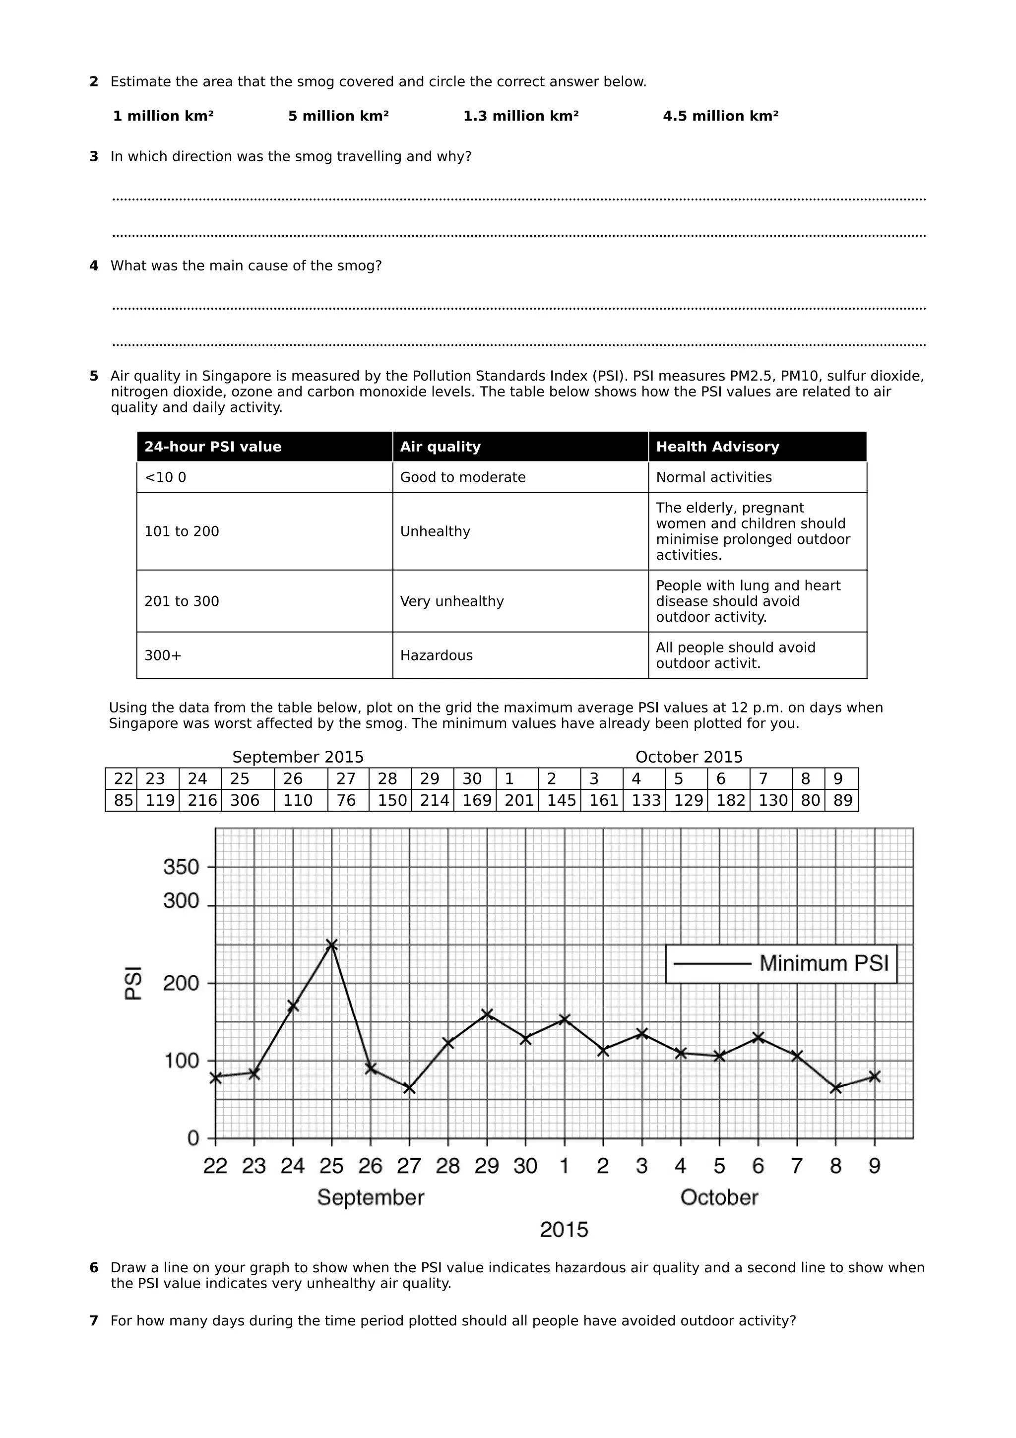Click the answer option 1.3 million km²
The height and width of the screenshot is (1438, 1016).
pyautogui.click(x=520, y=116)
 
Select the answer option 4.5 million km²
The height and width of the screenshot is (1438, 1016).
pyautogui.click(x=720, y=116)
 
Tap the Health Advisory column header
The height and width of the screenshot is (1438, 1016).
pyautogui.click(x=717, y=447)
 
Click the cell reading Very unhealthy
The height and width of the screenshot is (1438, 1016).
pyautogui.click(x=451, y=601)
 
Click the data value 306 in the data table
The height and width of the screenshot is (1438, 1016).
pyautogui.click(x=244, y=800)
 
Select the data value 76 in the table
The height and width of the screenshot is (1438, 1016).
pyautogui.click(x=346, y=800)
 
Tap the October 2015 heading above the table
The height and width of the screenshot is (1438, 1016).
pyautogui.click(x=689, y=757)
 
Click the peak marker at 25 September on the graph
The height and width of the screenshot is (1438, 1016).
pyautogui.click(x=332, y=944)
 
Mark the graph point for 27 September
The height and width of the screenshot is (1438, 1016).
pyautogui.click(x=409, y=1089)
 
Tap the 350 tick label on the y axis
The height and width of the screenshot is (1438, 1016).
pyautogui.click(x=181, y=867)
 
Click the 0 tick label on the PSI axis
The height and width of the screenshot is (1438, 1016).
pyautogui.click(x=193, y=1138)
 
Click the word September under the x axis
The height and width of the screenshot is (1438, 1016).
pyautogui.click(x=371, y=1197)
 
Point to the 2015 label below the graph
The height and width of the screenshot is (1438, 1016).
pyautogui.click(x=564, y=1230)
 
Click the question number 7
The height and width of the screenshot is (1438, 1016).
pyautogui.click(x=94, y=1321)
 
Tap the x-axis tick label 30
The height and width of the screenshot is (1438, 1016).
pyautogui.click(x=525, y=1166)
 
